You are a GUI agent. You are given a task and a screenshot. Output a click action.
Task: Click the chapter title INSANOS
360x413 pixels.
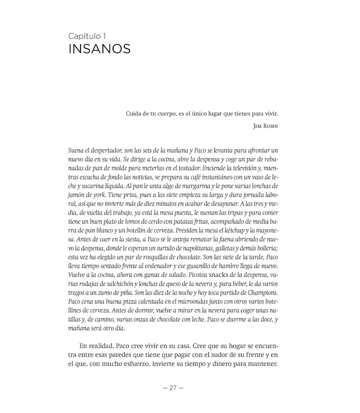tap(99, 49)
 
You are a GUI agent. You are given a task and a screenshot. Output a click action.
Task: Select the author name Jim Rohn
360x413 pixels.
tap(265, 126)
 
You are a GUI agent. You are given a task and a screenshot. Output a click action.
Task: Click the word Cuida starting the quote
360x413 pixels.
tap(134, 114)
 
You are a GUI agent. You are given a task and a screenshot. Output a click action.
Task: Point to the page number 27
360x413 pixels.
tap(173, 388)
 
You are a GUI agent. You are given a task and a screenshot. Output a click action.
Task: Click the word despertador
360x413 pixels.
tap(102, 150)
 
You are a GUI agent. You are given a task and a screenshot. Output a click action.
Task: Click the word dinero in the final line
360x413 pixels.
tap(227, 364)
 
